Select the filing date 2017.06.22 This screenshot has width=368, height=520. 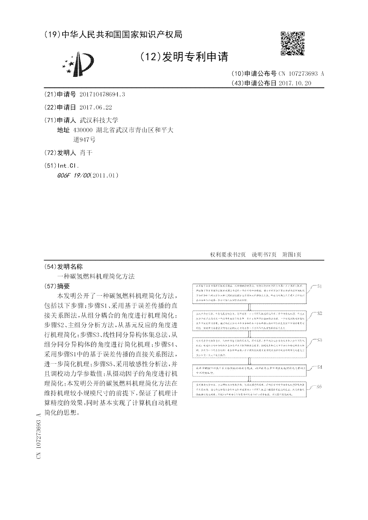point(96,107)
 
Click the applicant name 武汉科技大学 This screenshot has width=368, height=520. point(99,120)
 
